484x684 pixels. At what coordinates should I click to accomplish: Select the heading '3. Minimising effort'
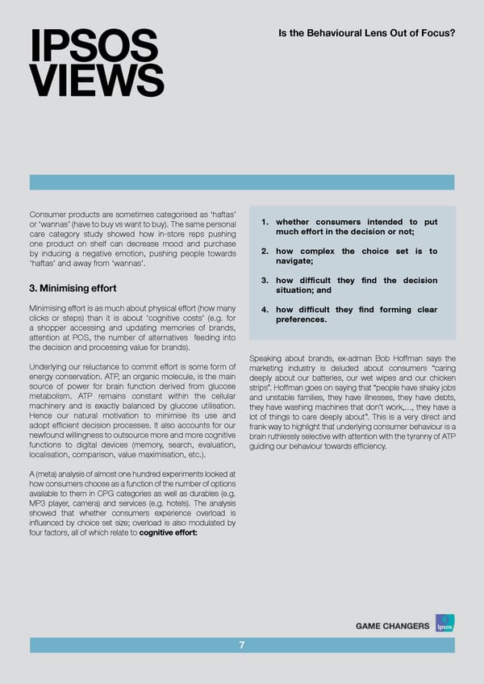point(73,288)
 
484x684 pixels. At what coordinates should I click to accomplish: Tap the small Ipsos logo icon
point(443,624)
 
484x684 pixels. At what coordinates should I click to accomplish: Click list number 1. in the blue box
point(266,223)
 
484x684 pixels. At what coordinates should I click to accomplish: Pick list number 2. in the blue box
point(266,252)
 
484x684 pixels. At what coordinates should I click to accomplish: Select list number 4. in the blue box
point(266,310)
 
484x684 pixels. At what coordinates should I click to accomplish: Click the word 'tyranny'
point(411,436)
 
